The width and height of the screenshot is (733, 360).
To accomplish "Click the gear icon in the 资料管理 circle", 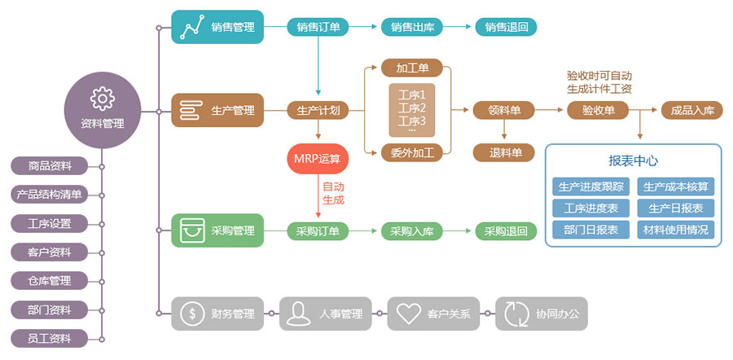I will click(103, 98).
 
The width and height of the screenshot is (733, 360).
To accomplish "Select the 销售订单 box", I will click(318, 27).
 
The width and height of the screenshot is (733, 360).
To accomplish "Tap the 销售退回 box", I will click(506, 27).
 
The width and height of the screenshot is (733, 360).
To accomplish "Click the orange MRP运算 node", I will click(318, 157).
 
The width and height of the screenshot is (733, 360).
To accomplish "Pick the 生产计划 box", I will click(318, 110).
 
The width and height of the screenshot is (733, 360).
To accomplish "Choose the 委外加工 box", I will click(412, 151).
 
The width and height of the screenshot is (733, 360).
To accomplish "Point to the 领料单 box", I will click(504, 110).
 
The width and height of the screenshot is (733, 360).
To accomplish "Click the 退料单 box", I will click(504, 151).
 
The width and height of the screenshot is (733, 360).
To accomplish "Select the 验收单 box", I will click(598, 110).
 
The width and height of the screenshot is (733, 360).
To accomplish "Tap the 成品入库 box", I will click(691, 110).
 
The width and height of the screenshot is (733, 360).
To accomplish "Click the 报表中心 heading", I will click(633, 160).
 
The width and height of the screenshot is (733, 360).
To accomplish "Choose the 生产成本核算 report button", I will click(675, 187).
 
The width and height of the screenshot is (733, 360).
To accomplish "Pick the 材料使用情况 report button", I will click(675, 229).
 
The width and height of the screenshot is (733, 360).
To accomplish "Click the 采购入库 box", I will click(411, 231).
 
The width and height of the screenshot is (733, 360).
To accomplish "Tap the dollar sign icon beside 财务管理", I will click(192, 313).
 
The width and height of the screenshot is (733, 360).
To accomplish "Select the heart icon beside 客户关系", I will click(408, 313).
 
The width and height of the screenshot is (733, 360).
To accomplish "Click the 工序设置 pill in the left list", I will click(50, 223).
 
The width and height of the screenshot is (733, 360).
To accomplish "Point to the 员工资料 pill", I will click(50, 338).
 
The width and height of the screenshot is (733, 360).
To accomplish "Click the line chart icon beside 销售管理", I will click(192, 28).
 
